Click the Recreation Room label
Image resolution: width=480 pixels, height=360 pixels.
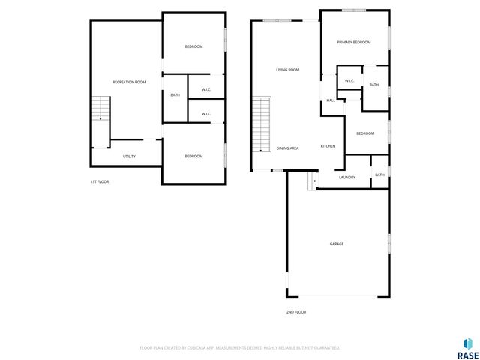(129, 82)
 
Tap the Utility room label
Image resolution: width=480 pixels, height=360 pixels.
(129, 156)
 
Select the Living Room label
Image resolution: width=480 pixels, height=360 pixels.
(287, 70)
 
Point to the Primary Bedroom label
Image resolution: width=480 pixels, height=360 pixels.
(354, 43)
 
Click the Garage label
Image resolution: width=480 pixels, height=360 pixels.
(337, 244)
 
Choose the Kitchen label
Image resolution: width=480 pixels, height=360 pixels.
(328, 145)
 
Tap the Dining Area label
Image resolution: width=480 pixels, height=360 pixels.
(287, 148)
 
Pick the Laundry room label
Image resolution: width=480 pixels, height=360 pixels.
(346, 177)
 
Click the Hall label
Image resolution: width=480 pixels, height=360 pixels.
(330, 100)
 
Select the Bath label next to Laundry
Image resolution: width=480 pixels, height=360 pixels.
(379, 175)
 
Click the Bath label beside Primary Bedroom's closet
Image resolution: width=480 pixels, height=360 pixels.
(373, 85)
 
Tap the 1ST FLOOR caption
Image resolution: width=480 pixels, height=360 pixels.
(99, 181)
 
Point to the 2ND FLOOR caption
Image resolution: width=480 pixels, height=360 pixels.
(295, 311)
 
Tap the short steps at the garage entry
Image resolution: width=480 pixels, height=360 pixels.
(311, 180)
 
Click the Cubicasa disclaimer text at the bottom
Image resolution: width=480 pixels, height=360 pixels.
(240, 347)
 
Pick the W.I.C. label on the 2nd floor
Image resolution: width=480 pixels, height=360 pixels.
(349, 81)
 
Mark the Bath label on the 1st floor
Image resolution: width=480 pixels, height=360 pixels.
(175, 95)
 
